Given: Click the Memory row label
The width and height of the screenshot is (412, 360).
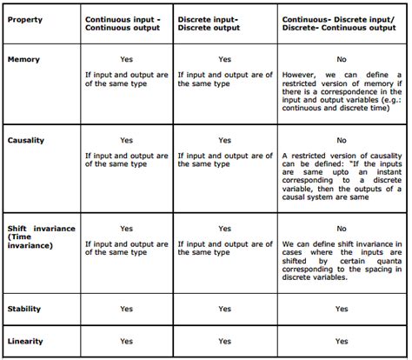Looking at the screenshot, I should coord(23,60).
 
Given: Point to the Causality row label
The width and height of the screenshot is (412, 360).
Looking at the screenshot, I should coord(25,139).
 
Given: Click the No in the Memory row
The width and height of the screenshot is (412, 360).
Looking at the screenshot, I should coord(341,60).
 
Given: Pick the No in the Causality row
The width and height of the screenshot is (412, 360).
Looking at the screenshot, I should coord(341,139).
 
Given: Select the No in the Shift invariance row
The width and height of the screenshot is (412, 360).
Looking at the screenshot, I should coord(341,228).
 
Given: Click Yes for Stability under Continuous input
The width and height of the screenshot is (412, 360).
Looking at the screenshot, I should coord(127,309).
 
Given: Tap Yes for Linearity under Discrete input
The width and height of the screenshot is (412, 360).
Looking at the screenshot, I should coord(225,341).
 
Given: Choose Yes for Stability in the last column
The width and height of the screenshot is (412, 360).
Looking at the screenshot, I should coord(341,309).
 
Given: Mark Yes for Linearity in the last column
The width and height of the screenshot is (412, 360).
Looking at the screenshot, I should coord(341,341).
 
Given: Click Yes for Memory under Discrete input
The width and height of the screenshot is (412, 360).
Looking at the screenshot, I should coord(225,60).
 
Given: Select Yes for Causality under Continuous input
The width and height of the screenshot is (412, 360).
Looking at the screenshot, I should coord(127,139).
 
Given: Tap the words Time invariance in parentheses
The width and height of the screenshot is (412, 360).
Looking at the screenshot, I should coord(31,241).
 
